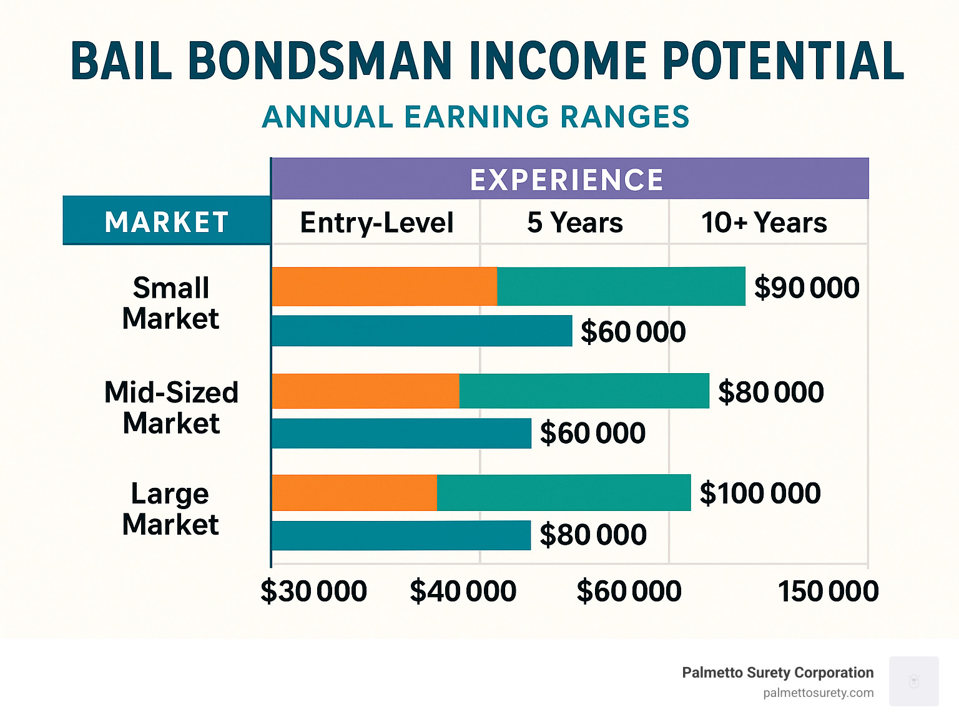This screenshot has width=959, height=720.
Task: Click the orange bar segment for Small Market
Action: pos(384,286)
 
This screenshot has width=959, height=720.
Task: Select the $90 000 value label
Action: pos(807,288)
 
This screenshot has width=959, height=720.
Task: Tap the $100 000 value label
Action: pos(760,494)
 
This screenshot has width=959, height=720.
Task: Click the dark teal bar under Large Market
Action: pos(401,535)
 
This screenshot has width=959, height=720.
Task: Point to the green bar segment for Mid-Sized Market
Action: pos(584,391)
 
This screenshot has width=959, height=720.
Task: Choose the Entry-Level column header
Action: pos(376,223)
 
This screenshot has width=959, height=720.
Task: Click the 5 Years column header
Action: pos(574,223)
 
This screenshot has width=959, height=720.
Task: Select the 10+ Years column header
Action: pos(764,223)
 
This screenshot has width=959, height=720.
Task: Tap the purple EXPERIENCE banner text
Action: pos(567,180)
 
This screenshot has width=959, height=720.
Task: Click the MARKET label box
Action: pos(167,221)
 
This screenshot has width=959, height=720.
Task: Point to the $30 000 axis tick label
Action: pos(313,591)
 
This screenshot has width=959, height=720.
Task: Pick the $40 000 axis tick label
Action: pos(463,591)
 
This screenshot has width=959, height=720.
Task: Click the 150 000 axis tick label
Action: pos(828,591)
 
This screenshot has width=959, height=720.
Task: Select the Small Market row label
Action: pos(170,303)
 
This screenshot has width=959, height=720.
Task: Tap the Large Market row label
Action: pos(170,509)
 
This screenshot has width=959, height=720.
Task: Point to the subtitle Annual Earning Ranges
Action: pos(476,117)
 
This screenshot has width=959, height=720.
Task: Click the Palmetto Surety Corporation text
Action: pos(777,673)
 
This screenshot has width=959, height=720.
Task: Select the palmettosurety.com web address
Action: pos(818,693)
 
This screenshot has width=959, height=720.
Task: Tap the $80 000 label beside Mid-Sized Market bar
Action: pos(770,392)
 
